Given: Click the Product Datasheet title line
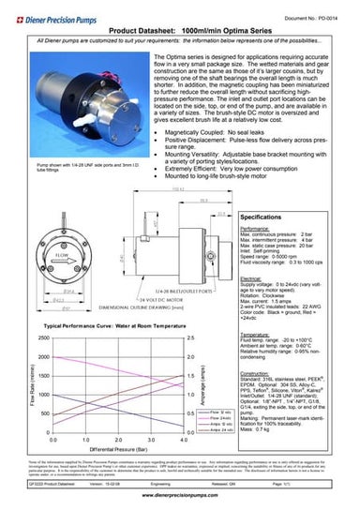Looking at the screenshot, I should [x=179, y=31].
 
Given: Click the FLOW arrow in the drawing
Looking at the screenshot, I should [x=39, y=254].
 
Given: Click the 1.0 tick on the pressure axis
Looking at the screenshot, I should [x=85, y=438].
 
